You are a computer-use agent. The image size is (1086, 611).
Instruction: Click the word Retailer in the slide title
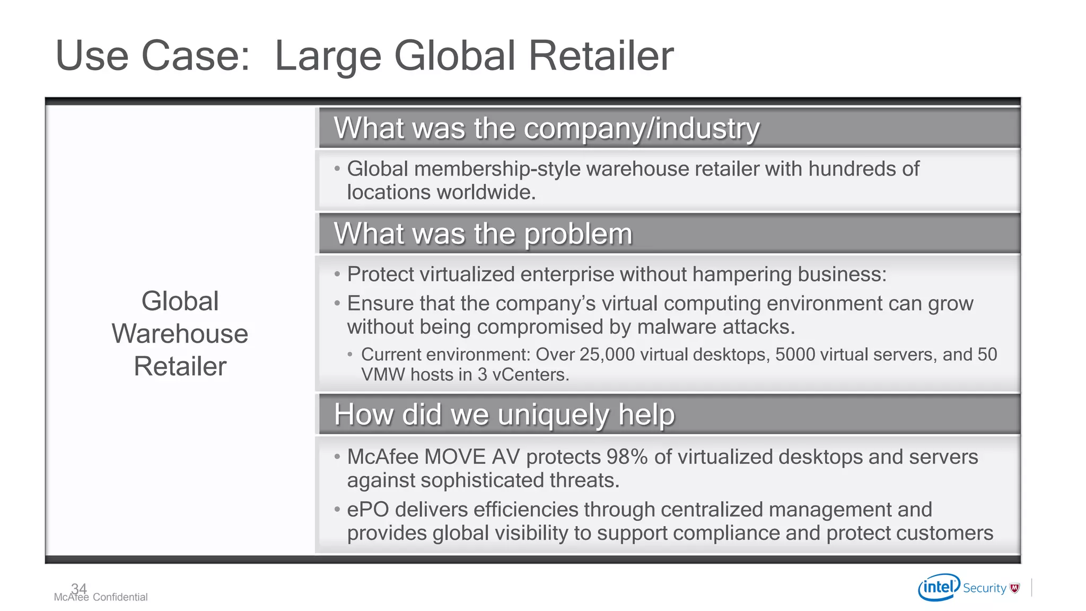[x=601, y=56]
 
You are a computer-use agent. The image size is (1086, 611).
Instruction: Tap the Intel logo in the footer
[x=939, y=587]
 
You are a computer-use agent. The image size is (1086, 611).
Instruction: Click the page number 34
[x=79, y=588]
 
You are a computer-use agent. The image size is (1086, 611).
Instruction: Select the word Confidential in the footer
[x=120, y=597]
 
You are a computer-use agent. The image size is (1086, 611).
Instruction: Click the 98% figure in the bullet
[x=627, y=457]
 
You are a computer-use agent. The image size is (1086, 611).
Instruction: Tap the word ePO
[x=368, y=510]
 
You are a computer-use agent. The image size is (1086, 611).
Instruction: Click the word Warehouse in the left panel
[x=180, y=334]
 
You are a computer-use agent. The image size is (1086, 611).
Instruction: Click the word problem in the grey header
[x=579, y=234]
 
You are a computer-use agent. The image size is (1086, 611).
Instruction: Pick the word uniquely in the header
[x=554, y=415]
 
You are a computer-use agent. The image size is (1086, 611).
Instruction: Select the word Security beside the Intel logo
[x=984, y=588]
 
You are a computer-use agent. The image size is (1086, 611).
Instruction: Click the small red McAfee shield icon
[x=1015, y=588]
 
